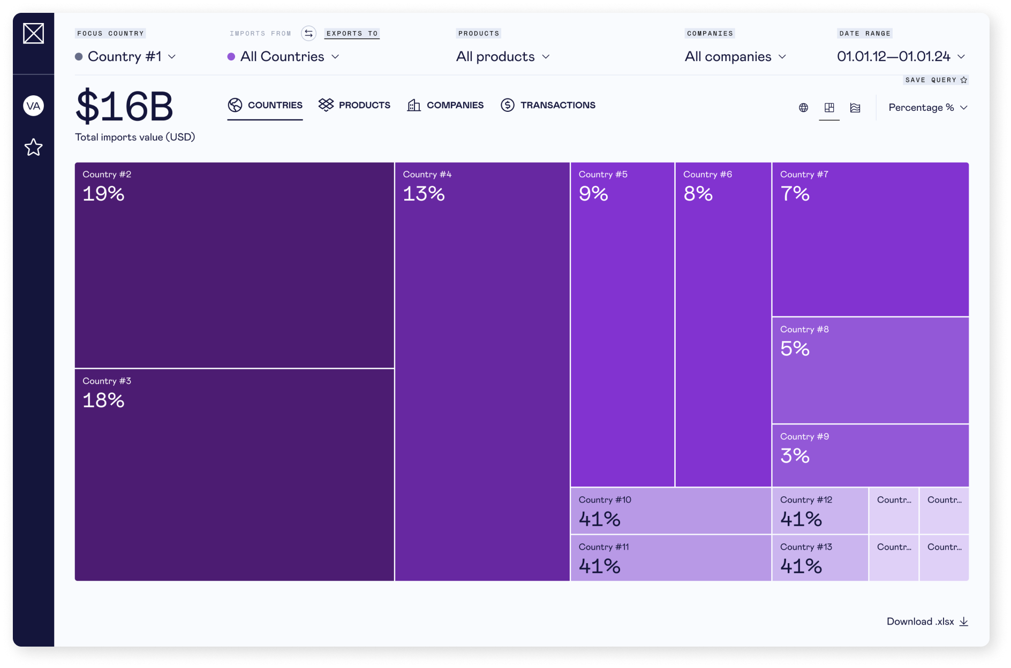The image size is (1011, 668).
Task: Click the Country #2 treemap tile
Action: (x=234, y=265)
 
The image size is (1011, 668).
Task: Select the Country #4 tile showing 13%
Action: (x=482, y=371)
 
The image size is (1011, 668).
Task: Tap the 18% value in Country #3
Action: (x=103, y=400)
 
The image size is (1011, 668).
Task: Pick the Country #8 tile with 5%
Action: (x=870, y=370)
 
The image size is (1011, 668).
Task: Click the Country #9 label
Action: (x=804, y=437)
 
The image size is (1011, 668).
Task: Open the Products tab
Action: (x=354, y=105)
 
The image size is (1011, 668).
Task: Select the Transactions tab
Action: (x=548, y=105)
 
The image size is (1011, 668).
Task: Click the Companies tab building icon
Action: (x=414, y=105)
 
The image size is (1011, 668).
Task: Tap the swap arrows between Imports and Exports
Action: (x=308, y=33)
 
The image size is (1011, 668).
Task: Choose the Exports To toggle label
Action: (x=352, y=33)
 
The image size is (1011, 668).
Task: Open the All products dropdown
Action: (x=502, y=57)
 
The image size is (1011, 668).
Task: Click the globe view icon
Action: (x=803, y=108)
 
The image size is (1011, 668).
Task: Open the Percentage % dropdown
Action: (x=927, y=108)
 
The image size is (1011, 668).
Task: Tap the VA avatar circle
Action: (x=33, y=106)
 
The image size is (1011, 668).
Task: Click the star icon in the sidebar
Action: (x=33, y=147)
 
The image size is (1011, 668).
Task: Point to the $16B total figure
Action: (x=124, y=107)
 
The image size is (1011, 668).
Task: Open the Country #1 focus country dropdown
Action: (x=126, y=57)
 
